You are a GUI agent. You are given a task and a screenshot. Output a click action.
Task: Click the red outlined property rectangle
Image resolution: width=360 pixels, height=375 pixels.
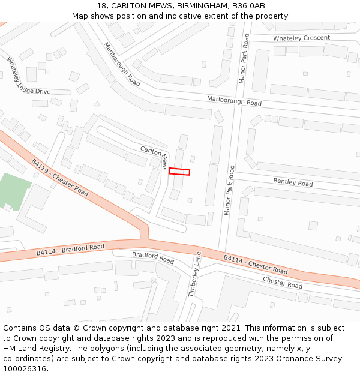[179, 172]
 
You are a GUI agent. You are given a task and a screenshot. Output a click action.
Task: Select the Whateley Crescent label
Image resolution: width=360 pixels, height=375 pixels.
[301, 38]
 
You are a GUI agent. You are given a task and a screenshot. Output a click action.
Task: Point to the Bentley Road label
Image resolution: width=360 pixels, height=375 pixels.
[293, 182]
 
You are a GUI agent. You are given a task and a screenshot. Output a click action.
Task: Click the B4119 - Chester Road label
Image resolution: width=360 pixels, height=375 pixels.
[60, 178]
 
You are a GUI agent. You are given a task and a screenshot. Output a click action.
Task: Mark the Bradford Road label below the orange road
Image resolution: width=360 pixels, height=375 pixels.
[153, 258]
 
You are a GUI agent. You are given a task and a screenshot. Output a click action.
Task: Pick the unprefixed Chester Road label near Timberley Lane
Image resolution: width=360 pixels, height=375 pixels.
[282, 282]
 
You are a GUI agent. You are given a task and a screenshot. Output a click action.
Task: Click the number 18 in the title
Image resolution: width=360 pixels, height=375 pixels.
[100, 5]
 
